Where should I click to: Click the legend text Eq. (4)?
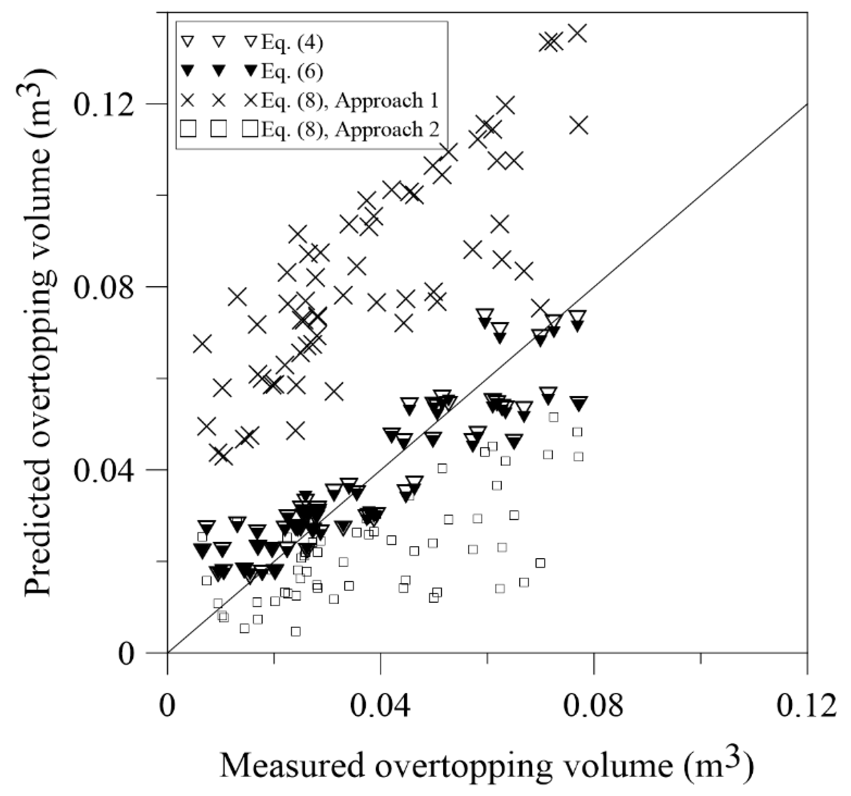[292, 43]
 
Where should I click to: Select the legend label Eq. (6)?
[292, 72]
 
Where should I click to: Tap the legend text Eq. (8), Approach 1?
[350, 101]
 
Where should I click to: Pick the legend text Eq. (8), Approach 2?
[350, 129]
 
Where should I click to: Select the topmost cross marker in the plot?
[579, 33]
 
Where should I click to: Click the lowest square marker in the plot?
[295, 631]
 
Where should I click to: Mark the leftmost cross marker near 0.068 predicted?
[202, 344]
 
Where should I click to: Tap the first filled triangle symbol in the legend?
[189, 71]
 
